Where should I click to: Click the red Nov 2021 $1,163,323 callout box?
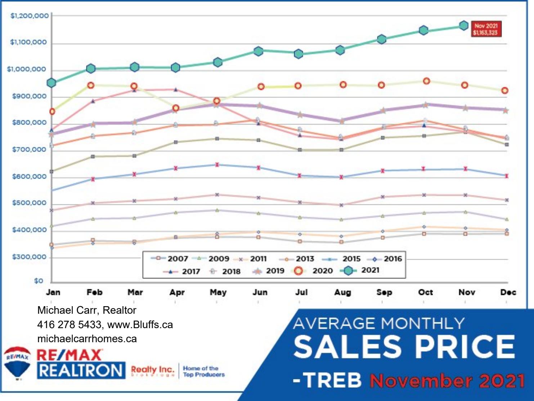[x=485, y=29]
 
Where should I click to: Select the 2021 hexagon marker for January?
[x=51, y=83]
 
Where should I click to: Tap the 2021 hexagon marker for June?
[x=258, y=51]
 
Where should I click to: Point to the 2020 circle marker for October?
[x=426, y=81]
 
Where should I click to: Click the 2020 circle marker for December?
[x=505, y=91]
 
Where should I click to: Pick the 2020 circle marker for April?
[x=176, y=108]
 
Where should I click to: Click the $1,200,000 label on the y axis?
[x=30, y=16]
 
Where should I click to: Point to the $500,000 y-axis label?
[x=30, y=203]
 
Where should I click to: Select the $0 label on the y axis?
[x=39, y=281]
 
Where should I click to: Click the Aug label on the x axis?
[x=342, y=292]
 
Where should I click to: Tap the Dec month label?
[x=508, y=292]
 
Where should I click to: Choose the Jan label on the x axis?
[x=53, y=292]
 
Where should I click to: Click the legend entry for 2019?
[x=269, y=271]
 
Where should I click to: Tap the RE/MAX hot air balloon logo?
[x=17, y=363]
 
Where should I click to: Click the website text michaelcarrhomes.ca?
[x=87, y=339]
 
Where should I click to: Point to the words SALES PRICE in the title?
[x=404, y=347]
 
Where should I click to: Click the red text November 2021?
[x=447, y=381]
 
